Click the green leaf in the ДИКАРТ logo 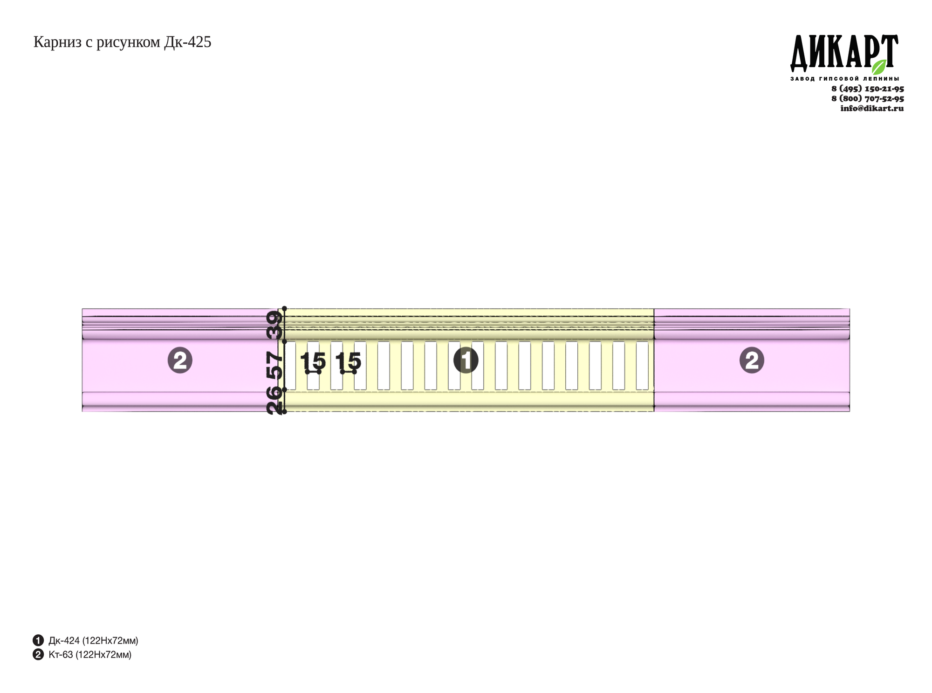click(879, 67)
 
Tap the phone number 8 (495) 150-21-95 click(868, 89)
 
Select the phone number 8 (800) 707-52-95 click(868, 98)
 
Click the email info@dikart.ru click(872, 108)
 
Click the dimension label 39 click(274, 325)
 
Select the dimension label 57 click(274, 366)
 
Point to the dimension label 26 click(274, 401)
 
